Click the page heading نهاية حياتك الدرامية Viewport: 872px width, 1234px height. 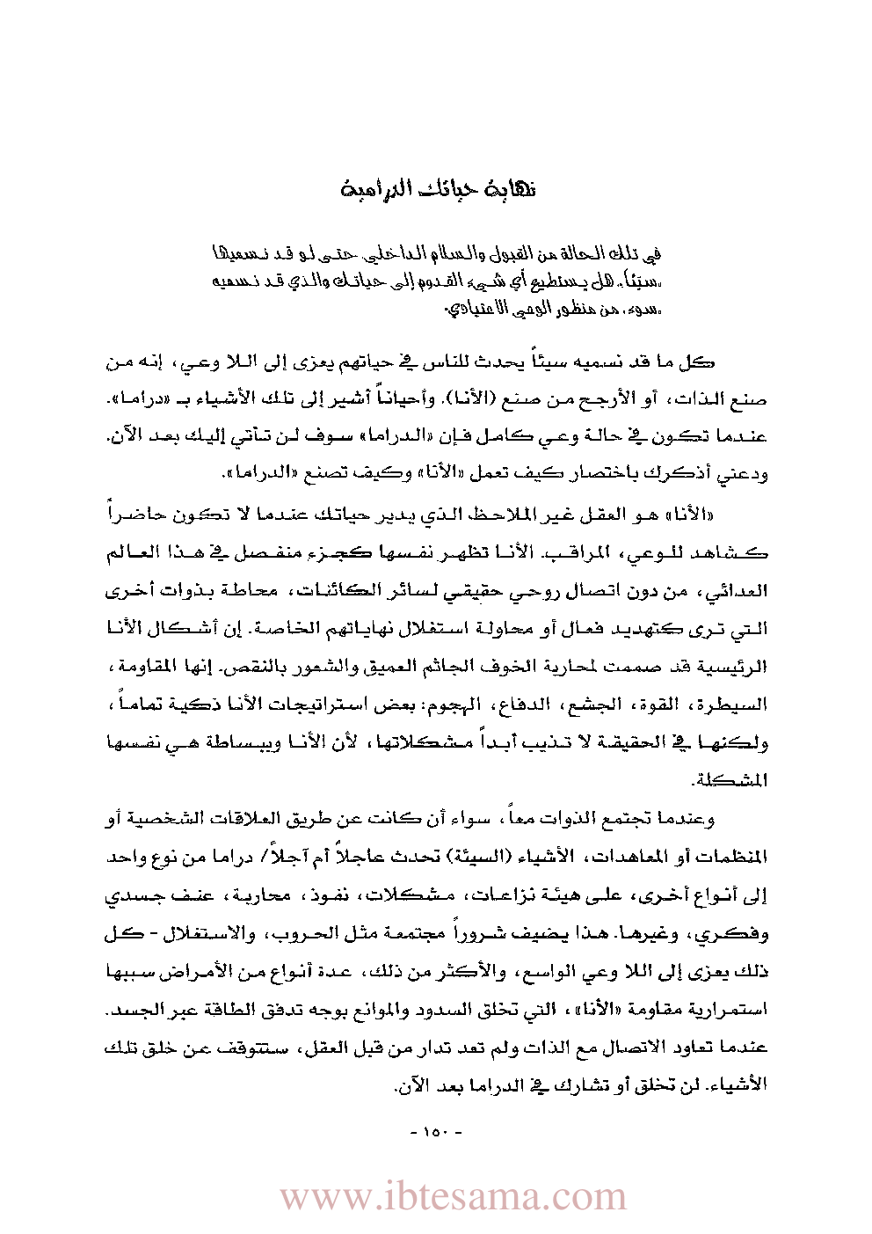[438, 190]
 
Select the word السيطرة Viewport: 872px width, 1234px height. [740, 705]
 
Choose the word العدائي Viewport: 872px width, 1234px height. [743, 591]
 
